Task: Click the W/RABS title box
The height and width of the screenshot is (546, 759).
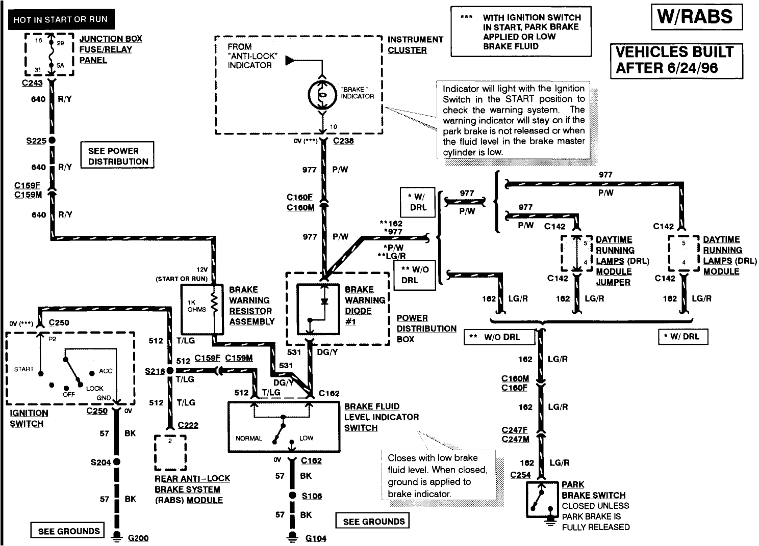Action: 697,17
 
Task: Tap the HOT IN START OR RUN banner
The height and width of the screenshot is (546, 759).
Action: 61,20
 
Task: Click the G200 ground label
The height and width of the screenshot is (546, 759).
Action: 138,538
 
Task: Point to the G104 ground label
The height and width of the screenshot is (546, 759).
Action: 315,538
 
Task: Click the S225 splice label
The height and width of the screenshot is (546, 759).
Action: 36,141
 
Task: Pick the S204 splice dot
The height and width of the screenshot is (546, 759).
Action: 117,462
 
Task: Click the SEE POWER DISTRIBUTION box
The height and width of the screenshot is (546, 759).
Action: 117,156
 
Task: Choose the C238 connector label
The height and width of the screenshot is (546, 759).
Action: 343,141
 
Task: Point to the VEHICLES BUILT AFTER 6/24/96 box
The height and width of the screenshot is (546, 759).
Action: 675,60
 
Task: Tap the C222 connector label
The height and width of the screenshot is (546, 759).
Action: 188,425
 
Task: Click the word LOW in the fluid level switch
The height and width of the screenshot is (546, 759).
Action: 307,438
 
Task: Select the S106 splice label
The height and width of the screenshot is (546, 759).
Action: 312,496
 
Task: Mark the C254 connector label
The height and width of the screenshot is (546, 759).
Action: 520,475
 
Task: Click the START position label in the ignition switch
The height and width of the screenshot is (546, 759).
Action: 24,369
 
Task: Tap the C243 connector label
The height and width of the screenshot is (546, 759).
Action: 32,83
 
